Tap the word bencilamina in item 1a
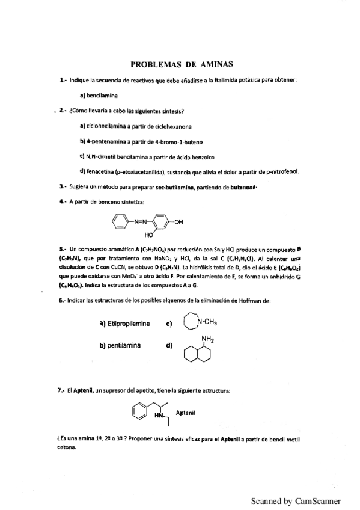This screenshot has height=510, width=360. [102, 95]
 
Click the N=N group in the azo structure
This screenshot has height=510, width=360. [139, 223]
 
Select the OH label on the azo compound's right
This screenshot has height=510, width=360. [178, 223]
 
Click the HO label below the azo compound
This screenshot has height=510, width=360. [150, 236]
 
